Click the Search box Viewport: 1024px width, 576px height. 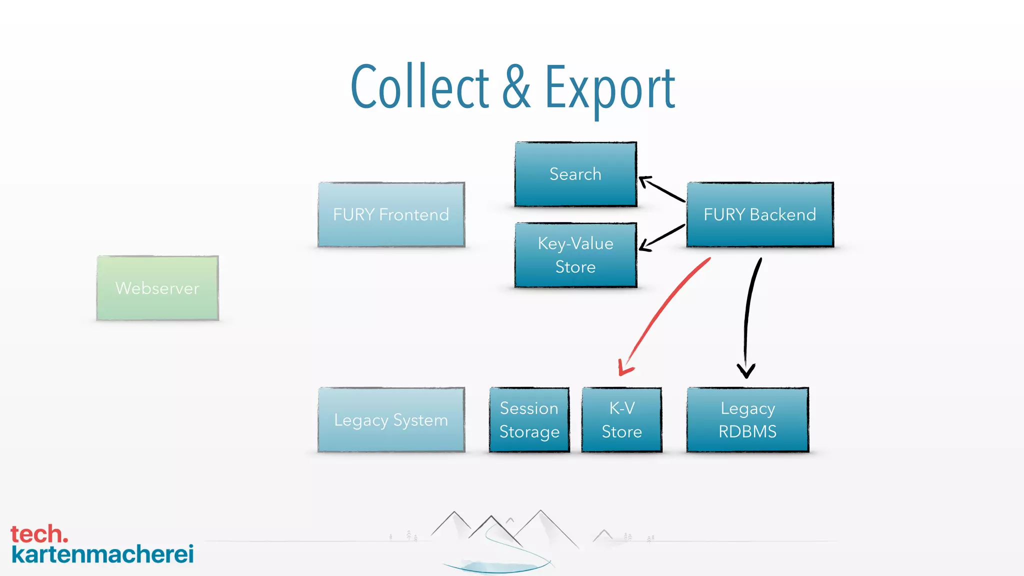(x=575, y=174)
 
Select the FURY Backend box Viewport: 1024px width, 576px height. (x=759, y=214)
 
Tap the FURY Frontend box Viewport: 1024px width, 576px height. (x=391, y=214)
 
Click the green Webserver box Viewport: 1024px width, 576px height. (x=157, y=288)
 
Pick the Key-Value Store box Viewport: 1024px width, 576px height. (x=575, y=255)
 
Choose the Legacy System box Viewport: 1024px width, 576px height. (x=391, y=420)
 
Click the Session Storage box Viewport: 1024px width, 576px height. (x=529, y=420)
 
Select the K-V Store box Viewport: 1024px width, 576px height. (x=621, y=420)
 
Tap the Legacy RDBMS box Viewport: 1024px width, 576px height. (x=747, y=420)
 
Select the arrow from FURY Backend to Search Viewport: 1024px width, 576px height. (x=662, y=189)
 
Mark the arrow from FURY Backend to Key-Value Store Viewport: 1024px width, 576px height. (x=662, y=237)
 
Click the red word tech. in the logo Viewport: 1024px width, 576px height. (x=39, y=534)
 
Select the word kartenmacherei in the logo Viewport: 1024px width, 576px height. (x=102, y=554)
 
